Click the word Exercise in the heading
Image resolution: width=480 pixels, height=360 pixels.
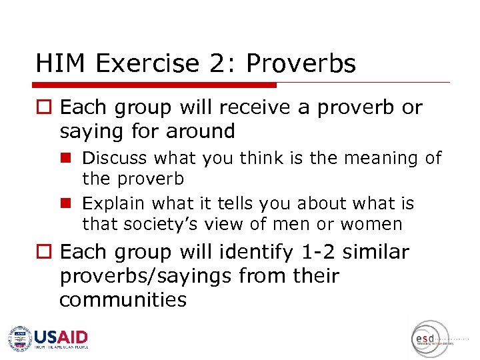(x=147, y=64)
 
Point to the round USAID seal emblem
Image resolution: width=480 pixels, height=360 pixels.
(x=20, y=339)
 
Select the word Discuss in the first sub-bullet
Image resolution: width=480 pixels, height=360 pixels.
(x=115, y=159)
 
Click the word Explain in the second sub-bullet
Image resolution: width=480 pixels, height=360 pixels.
(x=114, y=203)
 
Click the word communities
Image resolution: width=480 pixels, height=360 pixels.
(x=123, y=299)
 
